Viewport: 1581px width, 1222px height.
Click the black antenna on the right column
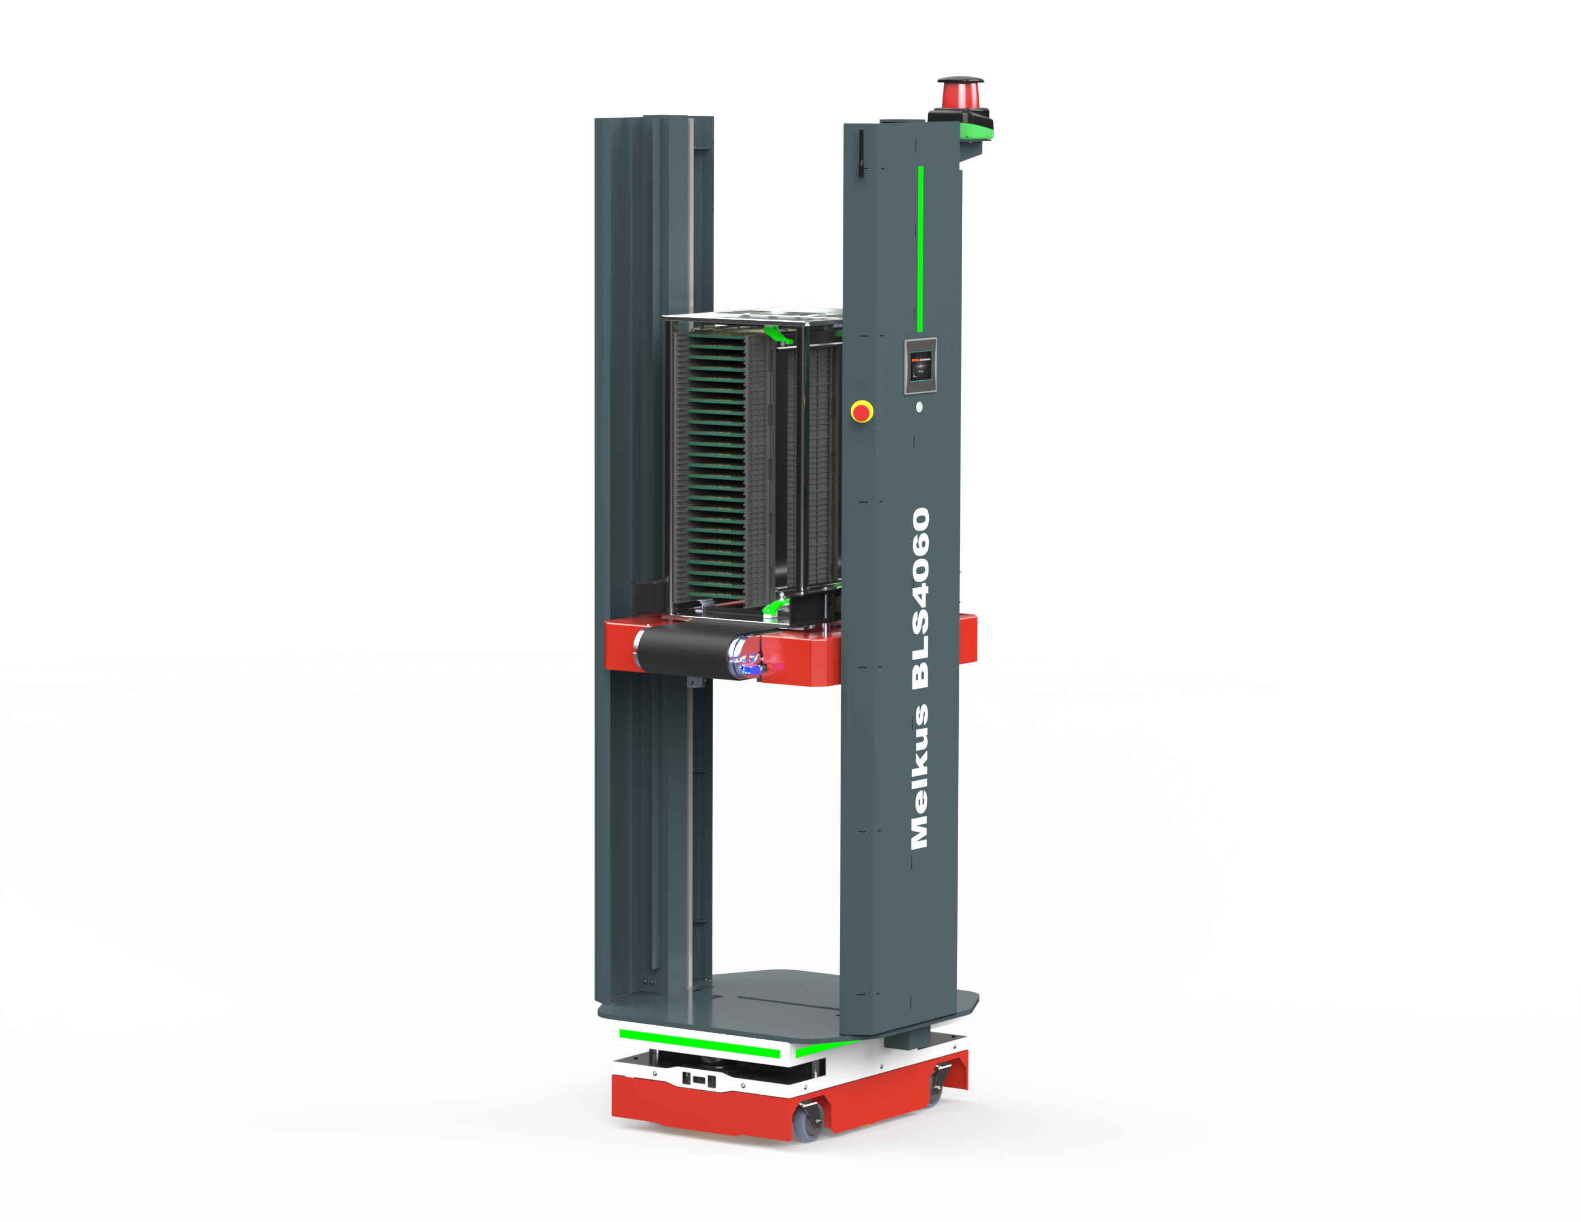(861, 152)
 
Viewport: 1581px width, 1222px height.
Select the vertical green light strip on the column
(920, 249)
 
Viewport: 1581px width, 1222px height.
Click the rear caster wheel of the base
(937, 1085)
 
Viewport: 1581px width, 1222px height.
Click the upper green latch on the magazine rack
(777, 334)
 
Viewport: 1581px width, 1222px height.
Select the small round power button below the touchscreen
(919, 407)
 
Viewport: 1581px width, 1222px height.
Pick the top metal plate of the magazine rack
(753, 316)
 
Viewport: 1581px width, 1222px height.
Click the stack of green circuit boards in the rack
(716, 463)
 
